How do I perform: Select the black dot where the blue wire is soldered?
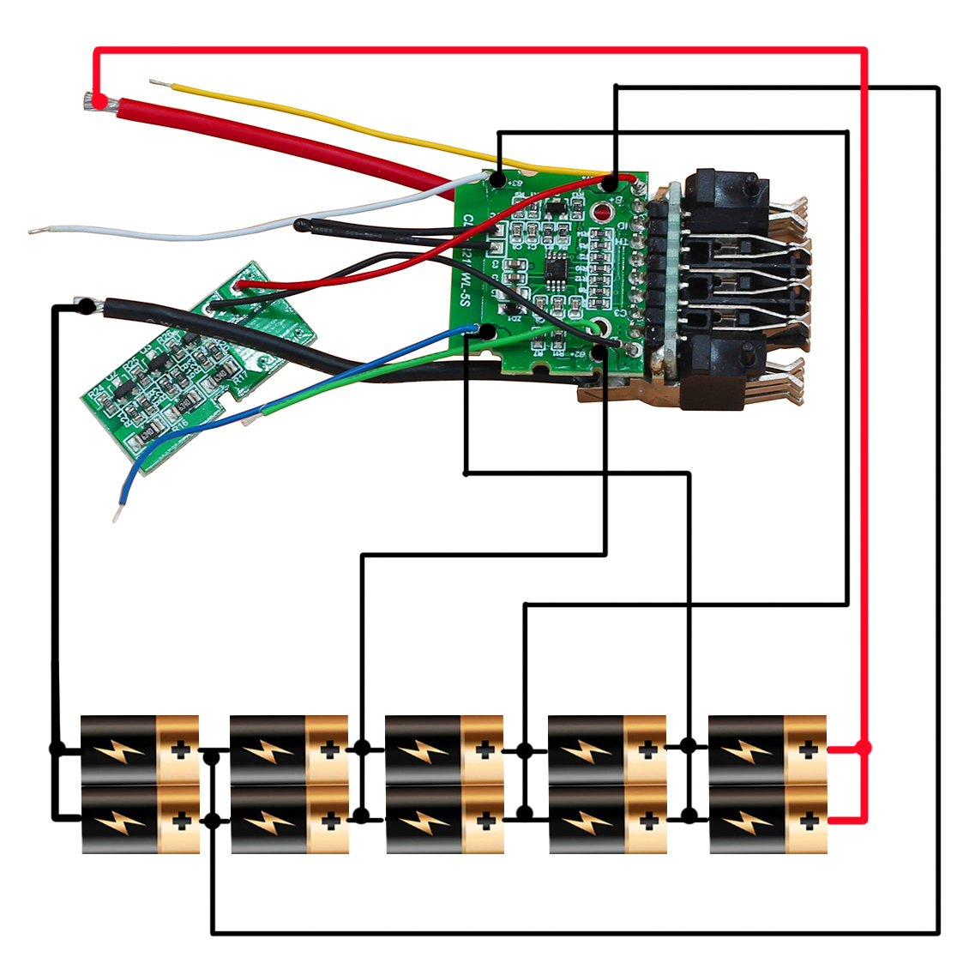[x=487, y=332]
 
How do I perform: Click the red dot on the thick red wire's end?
[x=100, y=103]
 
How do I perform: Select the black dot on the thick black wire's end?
[x=86, y=305]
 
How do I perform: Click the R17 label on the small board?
[x=242, y=376]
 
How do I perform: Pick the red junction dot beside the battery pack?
[x=864, y=749]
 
